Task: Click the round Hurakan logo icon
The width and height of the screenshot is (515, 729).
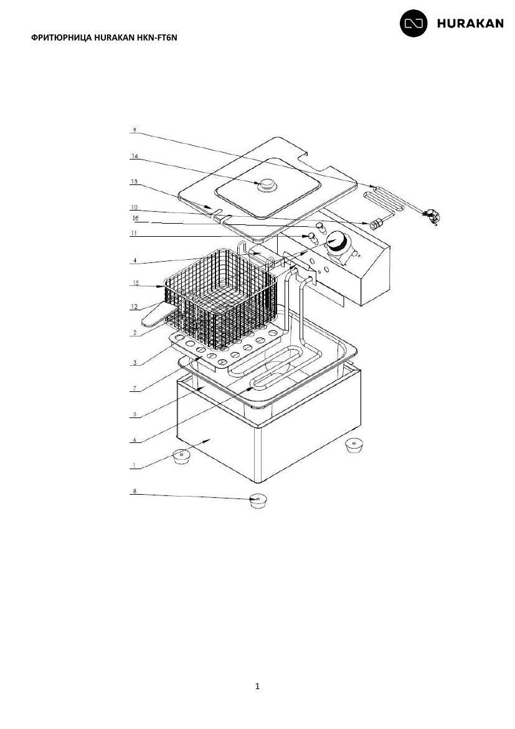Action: pos(413,23)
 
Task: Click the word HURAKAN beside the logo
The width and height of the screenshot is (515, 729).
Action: pos(470,24)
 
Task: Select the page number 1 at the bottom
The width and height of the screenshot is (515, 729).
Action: pos(258,686)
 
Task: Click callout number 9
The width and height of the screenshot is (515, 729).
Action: pos(135,130)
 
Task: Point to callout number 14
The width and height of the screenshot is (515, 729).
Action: pos(135,156)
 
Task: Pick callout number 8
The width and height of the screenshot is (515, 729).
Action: pos(135,491)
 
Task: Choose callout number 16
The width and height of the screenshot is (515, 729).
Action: pos(135,218)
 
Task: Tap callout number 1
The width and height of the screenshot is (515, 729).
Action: pos(135,465)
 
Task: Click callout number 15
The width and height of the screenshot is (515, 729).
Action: pos(135,283)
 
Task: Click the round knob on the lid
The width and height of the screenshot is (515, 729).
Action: pos(267,184)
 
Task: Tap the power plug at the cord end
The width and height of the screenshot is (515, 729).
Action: pos(432,216)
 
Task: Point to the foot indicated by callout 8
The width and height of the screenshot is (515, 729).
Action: pos(258,500)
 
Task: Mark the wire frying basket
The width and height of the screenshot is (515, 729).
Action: pos(221,298)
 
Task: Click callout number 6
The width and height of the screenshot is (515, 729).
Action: pos(135,440)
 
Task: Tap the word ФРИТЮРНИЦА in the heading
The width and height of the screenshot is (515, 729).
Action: pos(62,37)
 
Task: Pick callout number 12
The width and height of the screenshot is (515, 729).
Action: pos(135,307)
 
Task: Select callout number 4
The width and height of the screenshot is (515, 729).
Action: pos(135,261)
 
